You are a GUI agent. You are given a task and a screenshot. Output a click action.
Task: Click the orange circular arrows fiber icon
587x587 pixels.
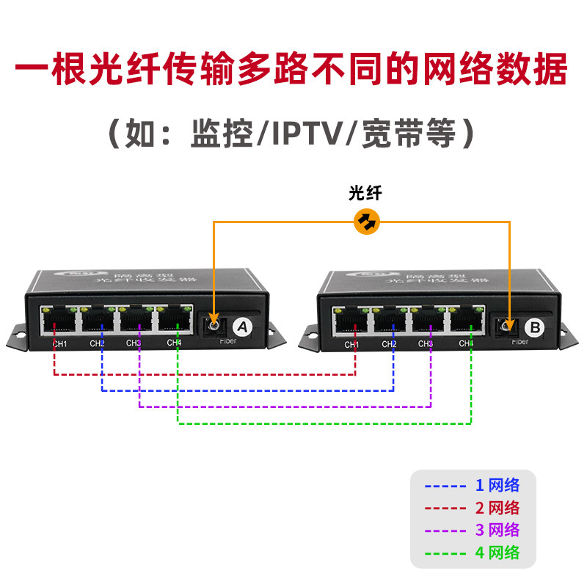pos(366,220)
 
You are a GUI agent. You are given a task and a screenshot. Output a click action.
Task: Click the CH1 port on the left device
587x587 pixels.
pos(59,320)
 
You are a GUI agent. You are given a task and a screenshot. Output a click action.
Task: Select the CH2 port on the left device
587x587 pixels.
pos(98,320)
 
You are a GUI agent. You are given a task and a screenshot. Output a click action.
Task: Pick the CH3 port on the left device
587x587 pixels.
pos(136,320)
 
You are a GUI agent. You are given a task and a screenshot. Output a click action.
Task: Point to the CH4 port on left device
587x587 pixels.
pos(174,320)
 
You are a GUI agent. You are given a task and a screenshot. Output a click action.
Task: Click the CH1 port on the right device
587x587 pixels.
pos(351,320)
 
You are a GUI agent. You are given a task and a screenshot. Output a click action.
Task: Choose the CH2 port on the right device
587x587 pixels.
pos(390,320)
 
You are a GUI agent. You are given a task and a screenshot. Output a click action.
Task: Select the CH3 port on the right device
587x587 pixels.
pos(428,320)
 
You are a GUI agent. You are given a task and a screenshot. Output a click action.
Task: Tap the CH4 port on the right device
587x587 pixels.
pos(466,320)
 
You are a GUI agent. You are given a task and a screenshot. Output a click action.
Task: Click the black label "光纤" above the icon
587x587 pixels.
pos(365,194)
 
